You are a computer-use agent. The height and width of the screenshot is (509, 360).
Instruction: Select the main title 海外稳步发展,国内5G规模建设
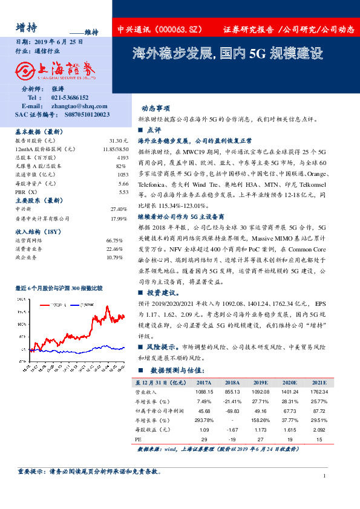point(227,53)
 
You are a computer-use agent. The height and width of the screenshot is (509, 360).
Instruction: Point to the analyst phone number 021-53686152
point(70,97)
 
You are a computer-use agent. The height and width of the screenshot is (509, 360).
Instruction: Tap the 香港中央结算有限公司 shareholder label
point(42,218)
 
